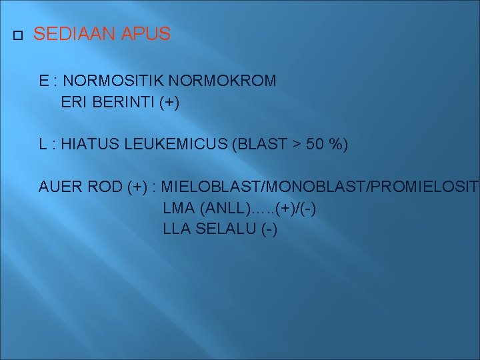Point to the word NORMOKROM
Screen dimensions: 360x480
click(223, 81)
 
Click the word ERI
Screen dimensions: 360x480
click(72, 103)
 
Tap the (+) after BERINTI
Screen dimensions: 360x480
click(169, 103)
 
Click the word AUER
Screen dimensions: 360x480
click(58, 187)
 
